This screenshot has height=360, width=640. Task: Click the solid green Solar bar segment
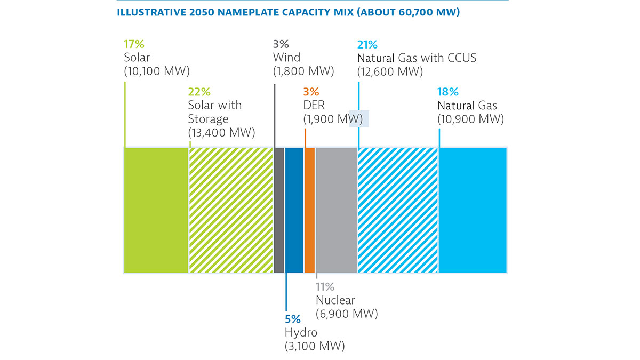click(x=156, y=211)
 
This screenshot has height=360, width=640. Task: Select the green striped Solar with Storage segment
click(x=230, y=211)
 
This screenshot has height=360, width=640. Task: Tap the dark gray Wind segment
click(x=278, y=211)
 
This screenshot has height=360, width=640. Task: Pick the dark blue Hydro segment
click(x=294, y=211)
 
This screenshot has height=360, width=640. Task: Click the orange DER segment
click(x=309, y=211)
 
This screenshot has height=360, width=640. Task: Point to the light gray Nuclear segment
click(x=336, y=211)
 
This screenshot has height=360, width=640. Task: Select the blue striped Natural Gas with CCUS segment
click(x=397, y=211)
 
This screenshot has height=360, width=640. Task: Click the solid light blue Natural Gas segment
click(x=472, y=211)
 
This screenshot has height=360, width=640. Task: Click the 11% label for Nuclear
click(x=325, y=287)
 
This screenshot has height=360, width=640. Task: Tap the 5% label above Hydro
click(x=292, y=320)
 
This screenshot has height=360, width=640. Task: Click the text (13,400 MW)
click(x=221, y=132)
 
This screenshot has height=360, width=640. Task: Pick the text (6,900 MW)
click(x=347, y=314)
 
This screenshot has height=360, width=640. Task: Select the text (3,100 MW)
click(x=315, y=346)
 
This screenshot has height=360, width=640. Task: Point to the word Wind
click(x=286, y=58)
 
